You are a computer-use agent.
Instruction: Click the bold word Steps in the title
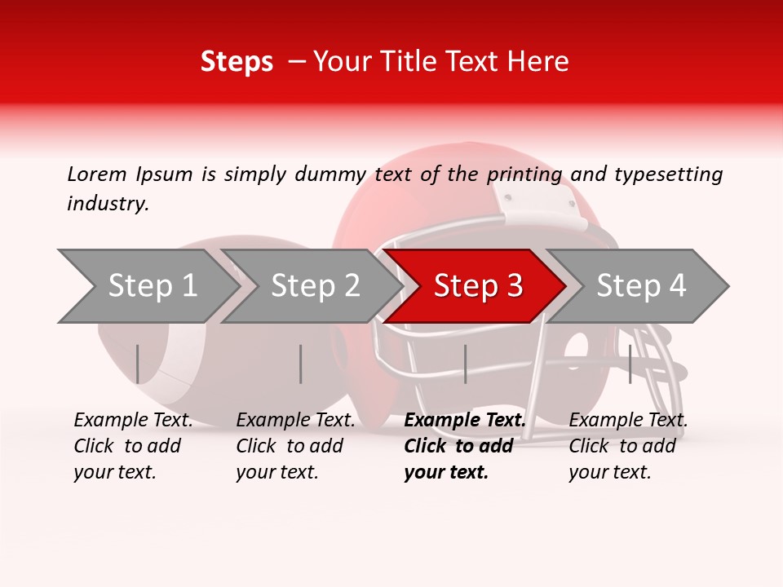coord(237,62)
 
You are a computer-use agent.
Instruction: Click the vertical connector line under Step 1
coord(137,364)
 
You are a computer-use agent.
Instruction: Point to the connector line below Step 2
coord(301,364)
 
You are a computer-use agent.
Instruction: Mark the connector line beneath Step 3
coord(465,364)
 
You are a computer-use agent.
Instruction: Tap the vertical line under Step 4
coord(630,364)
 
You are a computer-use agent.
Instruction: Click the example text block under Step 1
coord(133,446)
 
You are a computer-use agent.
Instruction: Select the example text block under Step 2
coord(295,446)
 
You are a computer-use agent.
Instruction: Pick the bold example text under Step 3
coord(464,446)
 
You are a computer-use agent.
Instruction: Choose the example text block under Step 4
coord(628,446)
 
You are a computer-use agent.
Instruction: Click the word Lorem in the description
coord(97,174)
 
